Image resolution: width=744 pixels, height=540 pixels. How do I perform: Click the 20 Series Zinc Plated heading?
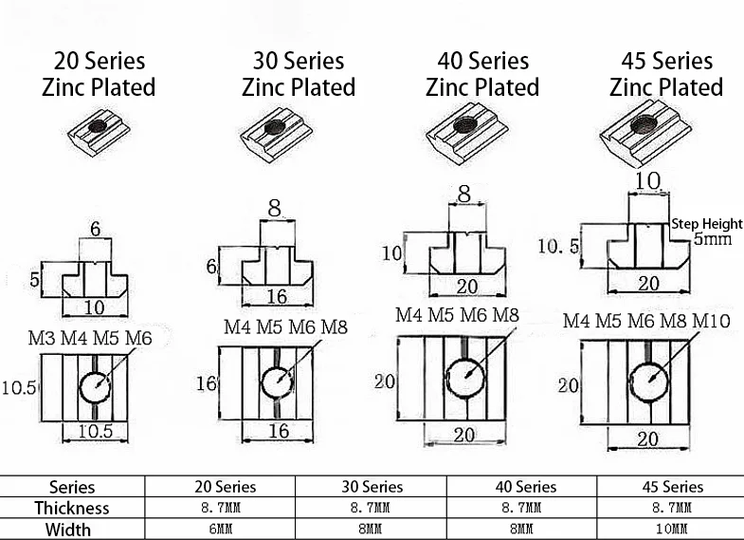[99, 75]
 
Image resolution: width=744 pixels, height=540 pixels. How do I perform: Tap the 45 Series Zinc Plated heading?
[666, 75]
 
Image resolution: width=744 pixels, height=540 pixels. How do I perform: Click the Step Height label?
[706, 225]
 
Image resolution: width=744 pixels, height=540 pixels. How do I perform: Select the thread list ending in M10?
[646, 321]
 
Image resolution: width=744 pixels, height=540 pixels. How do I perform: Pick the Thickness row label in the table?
[72, 508]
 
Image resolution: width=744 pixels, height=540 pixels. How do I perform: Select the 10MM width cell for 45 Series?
[669, 529]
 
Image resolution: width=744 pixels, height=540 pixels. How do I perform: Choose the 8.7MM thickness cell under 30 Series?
[372, 508]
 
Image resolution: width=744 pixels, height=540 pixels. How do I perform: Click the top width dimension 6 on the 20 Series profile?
[95, 230]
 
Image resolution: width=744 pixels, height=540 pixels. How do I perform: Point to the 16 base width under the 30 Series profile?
[277, 296]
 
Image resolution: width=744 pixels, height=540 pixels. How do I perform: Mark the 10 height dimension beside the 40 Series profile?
[390, 253]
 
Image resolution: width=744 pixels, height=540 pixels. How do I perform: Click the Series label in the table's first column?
[72, 487]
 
